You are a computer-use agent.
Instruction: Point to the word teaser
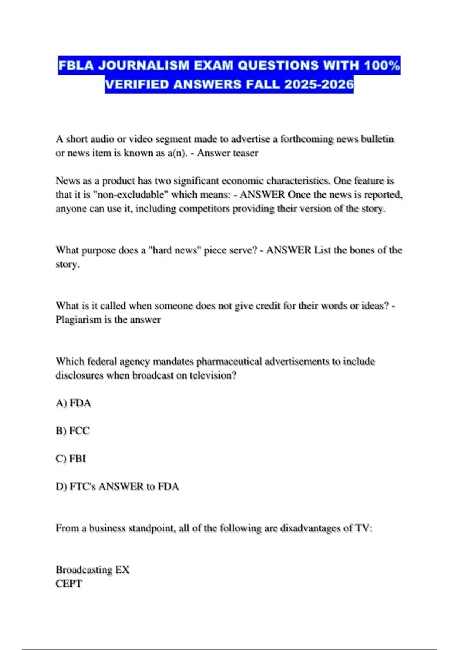(243, 153)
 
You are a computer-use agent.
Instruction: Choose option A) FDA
(73, 403)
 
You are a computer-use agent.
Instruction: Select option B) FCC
(73, 431)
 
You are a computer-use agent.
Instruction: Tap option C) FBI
(71, 458)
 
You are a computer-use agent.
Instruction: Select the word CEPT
(69, 584)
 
